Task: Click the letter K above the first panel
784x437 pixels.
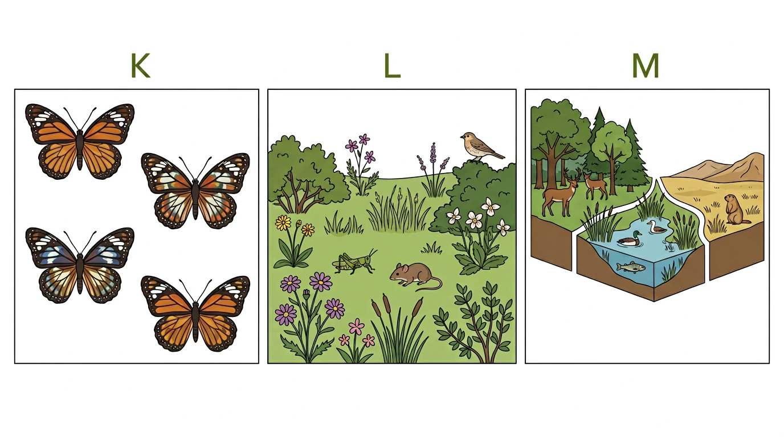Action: (x=140, y=65)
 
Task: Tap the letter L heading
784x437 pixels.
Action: (x=391, y=65)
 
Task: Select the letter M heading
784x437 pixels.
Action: (x=646, y=65)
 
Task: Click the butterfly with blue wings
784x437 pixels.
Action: (x=80, y=265)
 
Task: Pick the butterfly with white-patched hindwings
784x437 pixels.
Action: (x=195, y=191)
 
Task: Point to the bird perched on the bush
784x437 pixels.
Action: (x=481, y=147)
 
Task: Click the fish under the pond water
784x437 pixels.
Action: (x=631, y=267)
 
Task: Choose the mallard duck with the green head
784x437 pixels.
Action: (x=629, y=239)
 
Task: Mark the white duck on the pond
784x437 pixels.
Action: (x=656, y=227)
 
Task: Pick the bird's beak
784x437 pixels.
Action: (x=462, y=137)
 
